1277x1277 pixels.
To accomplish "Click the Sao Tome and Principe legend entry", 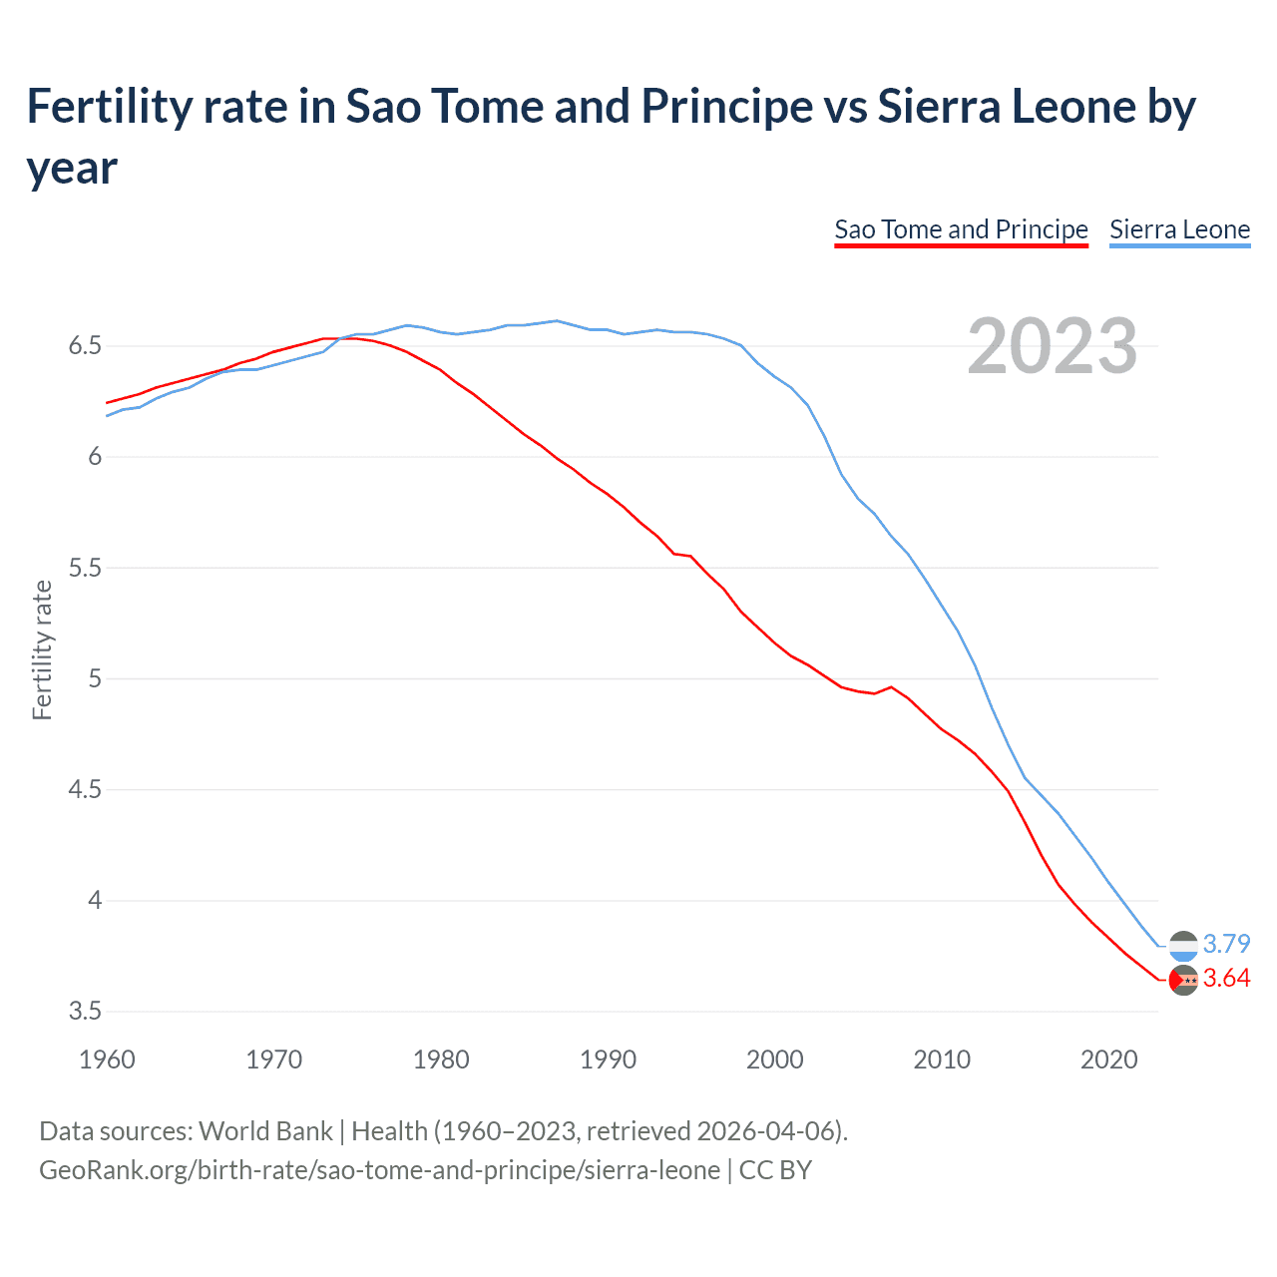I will click(961, 229).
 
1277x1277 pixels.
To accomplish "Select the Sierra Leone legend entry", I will click(1179, 229).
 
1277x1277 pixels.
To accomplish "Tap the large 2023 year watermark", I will click(1052, 346).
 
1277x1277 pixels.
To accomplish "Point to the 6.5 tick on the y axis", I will click(85, 346).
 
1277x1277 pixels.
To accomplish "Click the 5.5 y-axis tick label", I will click(85, 568).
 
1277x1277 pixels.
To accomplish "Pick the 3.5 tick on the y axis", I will click(85, 1012).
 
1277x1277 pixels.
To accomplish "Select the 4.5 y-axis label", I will click(85, 790).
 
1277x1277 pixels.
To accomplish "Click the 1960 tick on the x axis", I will click(107, 1060).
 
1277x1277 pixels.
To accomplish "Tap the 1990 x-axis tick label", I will click(608, 1060).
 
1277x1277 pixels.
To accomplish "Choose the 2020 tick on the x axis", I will click(1108, 1060).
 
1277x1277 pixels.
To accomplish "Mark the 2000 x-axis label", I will click(774, 1060).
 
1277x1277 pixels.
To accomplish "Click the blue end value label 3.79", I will click(1226, 944).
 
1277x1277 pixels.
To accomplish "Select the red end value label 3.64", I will click(1226, 979).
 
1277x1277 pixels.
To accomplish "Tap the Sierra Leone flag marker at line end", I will click(1183, 945).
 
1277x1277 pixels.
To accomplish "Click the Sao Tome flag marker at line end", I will click(1183, 981).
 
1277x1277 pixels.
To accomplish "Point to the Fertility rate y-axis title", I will click(42, 649).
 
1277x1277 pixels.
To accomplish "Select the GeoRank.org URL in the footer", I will click(379, 1169).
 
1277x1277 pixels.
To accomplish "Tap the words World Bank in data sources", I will click(265, 1131).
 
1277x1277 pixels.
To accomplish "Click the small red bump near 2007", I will click(891, 686).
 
